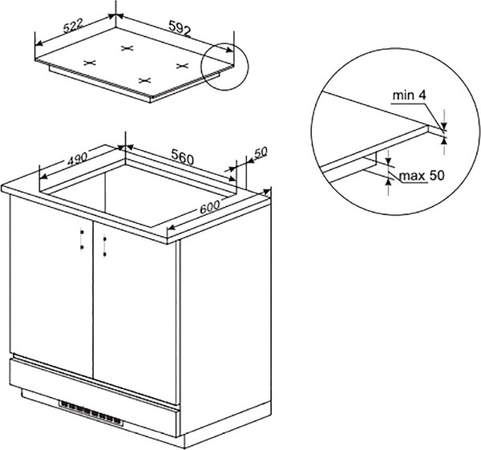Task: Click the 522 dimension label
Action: click(x=74, y=26)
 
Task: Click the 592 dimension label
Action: click(x=180, y=27)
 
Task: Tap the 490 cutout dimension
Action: click(x=77, y=158)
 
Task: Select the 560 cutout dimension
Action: click(x=183, y=156)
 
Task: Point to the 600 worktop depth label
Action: click(x=210, y=208)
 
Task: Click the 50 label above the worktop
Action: click(x=261, y=152)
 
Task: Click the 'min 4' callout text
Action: click(x=409, y=95)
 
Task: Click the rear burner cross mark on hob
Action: click(x=127, y=48)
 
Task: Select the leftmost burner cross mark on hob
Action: click(x=90, y=63)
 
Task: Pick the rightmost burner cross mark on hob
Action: click(x=182, y=66)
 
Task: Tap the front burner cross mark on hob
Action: click(x=145, y=80)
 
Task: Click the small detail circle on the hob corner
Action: click(x=224, y=67)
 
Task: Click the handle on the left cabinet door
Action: click(x=82, y=239)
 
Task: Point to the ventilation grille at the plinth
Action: click(x=91, y=413)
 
